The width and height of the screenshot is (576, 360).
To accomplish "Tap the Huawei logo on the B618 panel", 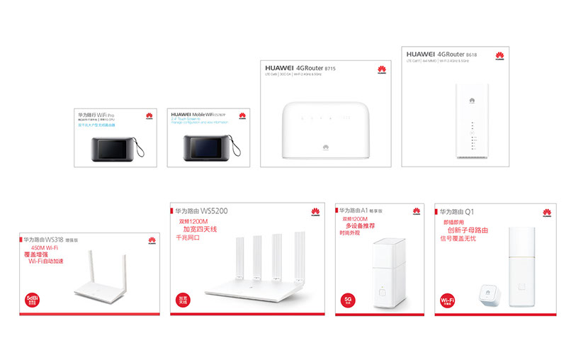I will [x=499, y=55].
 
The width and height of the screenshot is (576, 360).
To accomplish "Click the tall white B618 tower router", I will [x=470, y=120].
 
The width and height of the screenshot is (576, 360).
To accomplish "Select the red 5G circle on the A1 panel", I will [x=348, y=300].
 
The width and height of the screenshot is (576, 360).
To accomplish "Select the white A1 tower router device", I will [x=387, y=275].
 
